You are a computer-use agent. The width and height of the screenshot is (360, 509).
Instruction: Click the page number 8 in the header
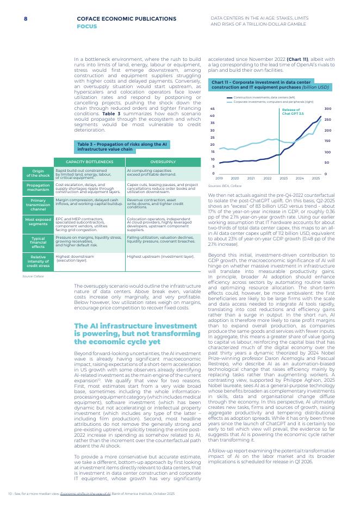(x=26, y=18)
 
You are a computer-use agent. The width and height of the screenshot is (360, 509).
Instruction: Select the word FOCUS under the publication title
(x=86, y=26)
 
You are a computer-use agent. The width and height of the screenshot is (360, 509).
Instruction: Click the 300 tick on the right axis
(x=327, y=109)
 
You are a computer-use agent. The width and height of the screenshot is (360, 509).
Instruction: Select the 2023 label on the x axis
(x=283, y=178)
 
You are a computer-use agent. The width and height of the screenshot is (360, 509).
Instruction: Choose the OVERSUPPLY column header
(x=163, y=162)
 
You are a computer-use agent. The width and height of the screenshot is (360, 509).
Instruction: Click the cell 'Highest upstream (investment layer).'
(x=160, y=256)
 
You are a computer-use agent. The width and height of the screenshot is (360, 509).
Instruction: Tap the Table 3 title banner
(x=122, y=146)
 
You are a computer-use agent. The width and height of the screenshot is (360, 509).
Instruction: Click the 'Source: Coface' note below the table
(x=33, y=276)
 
